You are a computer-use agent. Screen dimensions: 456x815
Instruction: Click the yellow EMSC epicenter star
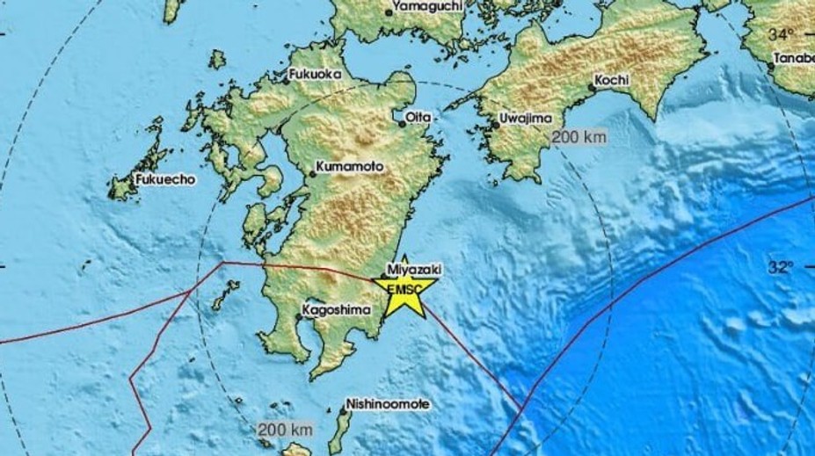tap(405, 292)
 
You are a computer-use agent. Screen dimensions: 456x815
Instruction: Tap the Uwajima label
tap(525, 118)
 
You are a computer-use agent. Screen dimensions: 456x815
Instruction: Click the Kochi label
tap(612, 80)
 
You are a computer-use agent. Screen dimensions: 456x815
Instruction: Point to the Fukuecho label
tap(166, 178)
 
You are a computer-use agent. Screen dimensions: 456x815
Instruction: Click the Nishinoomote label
tap(388, 403)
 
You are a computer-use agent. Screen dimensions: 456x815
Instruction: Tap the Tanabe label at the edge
tap(794, 59)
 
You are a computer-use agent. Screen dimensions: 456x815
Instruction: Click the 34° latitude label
tap(781, 35)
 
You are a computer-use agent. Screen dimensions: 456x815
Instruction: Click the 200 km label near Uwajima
tap(579, 138)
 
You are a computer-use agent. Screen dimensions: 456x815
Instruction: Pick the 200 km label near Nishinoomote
tap(286, 430)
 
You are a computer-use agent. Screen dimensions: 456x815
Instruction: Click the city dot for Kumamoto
tap(313, 173)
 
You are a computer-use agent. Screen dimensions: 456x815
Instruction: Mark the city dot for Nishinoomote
tap(344, 409)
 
